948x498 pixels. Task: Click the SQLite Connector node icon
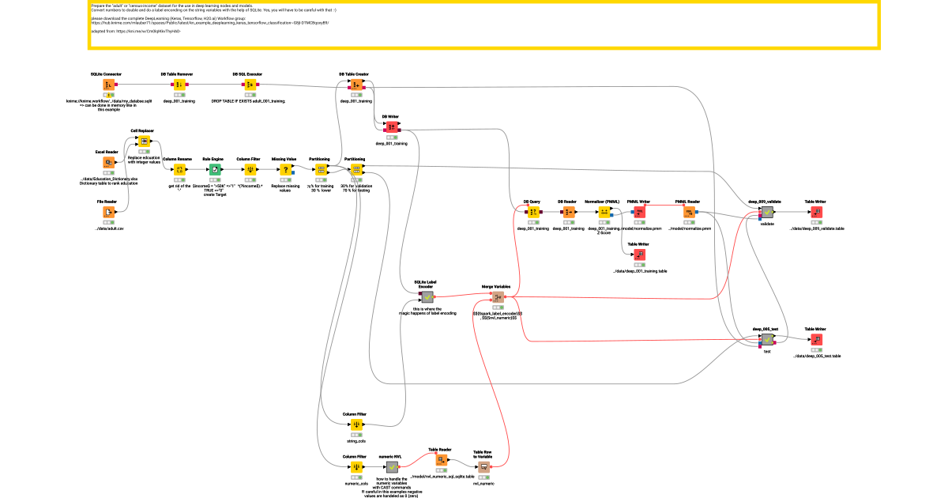(107, 85)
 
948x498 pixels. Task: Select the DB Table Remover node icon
(179, 85)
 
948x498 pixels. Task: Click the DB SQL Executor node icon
(249, 85)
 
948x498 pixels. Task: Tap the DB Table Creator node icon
(355, 85)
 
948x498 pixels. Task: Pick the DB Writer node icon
(391, 127)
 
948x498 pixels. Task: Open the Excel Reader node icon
(107, 163)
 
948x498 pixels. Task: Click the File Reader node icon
(107, 213)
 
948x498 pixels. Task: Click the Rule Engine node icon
(213, 169)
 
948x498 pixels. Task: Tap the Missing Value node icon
(284, 169)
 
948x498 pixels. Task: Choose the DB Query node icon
(533, 212)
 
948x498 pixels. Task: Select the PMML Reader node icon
(688, 212)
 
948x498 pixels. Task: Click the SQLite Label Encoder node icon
(427, 297)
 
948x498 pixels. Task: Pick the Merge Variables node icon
(498, 297)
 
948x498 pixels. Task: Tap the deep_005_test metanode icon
(766, 339)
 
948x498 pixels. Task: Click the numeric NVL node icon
(391, 467)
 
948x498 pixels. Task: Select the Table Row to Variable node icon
(483, 467)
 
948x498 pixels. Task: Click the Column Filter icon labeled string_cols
(355, 424)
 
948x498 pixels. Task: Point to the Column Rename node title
(179, 159)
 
